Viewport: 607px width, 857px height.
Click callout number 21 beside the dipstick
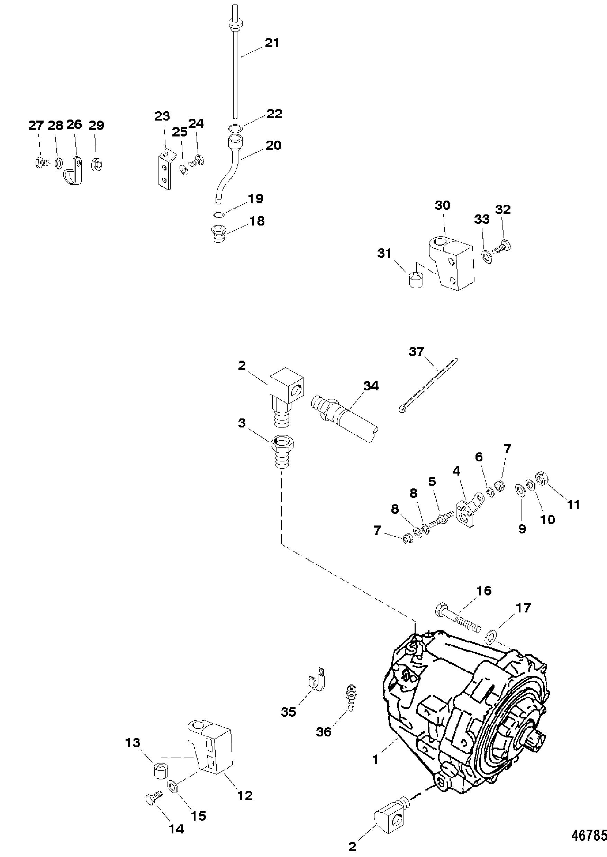click(x=272, y=43)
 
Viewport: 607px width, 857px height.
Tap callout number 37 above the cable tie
click(x=416, y=351)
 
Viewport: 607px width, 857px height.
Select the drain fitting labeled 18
click(x=218, y=234)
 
